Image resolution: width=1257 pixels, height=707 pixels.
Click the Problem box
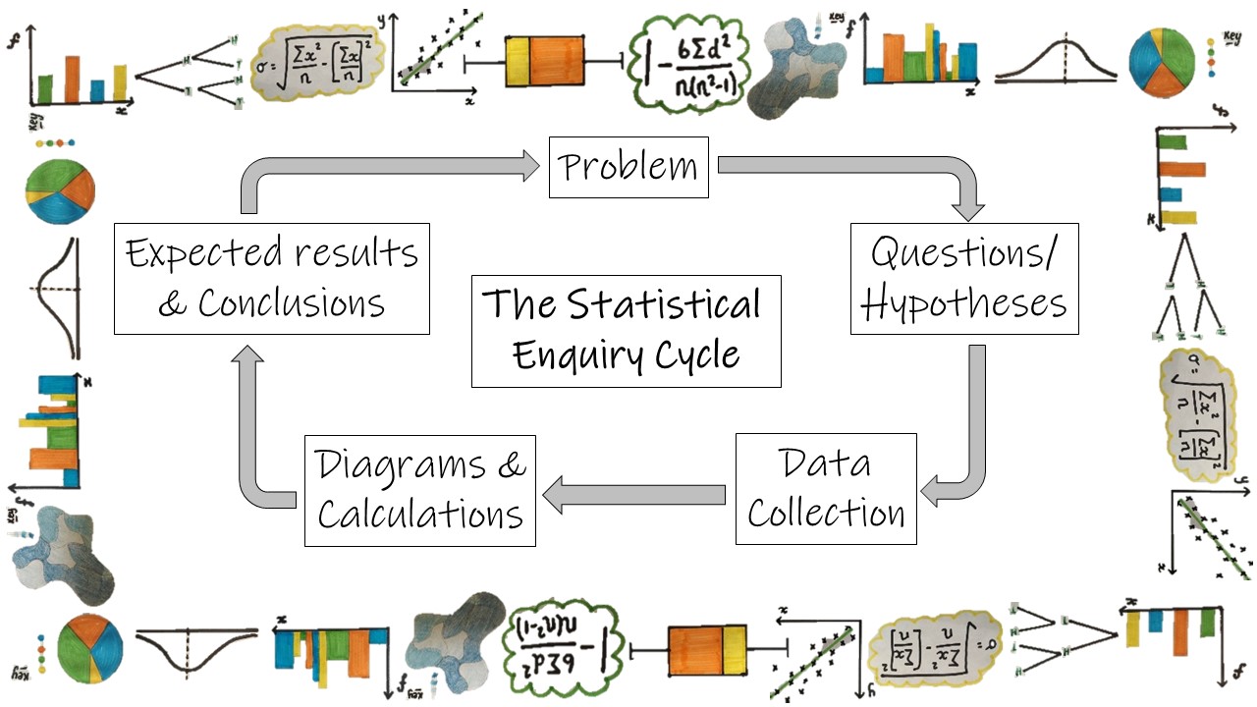(628, 167)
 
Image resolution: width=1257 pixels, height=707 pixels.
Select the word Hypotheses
(964, 303)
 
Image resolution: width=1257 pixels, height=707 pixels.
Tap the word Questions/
(964, 253)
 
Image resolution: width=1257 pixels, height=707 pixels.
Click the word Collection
(826, 514)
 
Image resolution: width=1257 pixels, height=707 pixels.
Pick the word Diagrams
(401, 464)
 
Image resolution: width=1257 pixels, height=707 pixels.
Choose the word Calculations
(420, 515)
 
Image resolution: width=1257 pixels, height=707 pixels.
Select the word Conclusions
(292, 303)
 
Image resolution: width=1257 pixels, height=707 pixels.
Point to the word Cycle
(698, 354)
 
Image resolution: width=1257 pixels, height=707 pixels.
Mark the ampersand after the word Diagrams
(512, 464)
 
